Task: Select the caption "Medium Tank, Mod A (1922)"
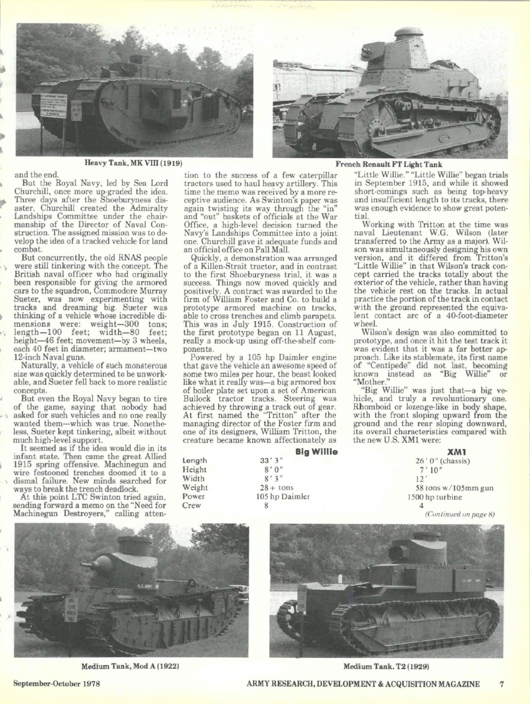[131, 665]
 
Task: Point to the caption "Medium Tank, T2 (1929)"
[386, 665]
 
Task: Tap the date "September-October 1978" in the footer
[57, 683]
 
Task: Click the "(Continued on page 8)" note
[459, 514]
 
